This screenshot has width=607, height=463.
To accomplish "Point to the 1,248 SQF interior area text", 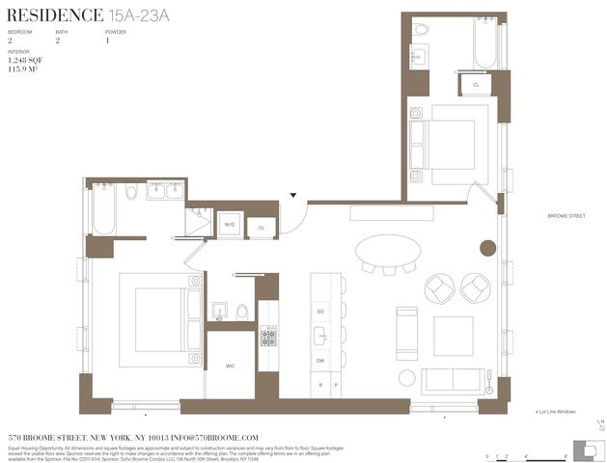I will coord(27,61).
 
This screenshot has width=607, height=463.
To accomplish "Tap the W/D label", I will coord(230,225).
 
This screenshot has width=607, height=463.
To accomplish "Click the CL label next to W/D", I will coord(261,228).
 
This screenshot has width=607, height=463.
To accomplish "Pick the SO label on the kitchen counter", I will coord(320,313).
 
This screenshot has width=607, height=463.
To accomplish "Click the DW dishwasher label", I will coord(320,360).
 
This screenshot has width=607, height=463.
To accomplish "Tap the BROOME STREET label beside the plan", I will coord(566,216).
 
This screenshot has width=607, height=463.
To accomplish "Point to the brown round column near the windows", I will coord(487,248).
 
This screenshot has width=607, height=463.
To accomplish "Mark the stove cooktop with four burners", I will coord(267,337).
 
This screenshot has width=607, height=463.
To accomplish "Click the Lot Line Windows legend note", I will coord(555,412).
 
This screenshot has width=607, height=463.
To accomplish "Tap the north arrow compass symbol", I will coord(600,424).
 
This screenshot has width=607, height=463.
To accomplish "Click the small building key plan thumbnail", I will coord(585,449).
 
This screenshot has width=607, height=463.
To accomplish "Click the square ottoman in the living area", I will coord(453,336).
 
